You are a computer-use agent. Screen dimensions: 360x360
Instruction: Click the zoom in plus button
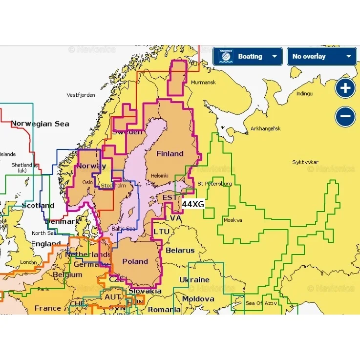click(345, 88)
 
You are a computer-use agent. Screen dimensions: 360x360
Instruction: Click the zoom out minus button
click(345, 117)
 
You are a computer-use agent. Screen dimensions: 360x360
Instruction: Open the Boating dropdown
click(247, 57)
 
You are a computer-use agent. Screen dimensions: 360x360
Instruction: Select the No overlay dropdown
click(321, 57)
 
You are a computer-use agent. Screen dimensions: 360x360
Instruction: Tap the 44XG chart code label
click(193, 204)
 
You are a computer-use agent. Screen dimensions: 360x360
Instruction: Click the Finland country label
click(169, 153)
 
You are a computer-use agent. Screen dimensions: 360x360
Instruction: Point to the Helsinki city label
click(160, 175)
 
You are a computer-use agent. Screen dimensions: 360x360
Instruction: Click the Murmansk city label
click(203, 83)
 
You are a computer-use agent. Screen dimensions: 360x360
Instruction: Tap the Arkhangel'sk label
click(265, 129)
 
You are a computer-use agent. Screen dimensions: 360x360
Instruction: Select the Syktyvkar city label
click(305, 162)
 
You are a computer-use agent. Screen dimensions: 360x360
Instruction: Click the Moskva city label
click(233, 220)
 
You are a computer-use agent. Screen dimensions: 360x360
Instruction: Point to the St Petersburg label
click(214, 184)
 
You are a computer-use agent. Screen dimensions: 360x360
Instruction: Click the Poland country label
click(135, 261)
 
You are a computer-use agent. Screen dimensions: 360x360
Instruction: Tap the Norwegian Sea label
click(40, 124)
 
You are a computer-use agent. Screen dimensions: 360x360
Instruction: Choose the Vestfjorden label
click(81, 95)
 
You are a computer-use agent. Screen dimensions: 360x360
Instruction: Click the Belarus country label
click(180, 250)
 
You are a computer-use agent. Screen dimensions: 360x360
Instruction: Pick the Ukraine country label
click(194, 280)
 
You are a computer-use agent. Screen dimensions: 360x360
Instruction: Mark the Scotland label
click(38, 206)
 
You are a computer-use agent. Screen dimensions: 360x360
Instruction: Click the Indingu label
click(304, 93)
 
